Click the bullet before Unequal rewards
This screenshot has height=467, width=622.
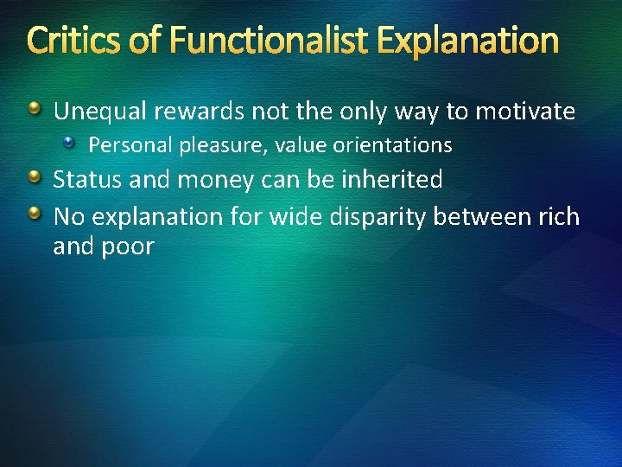point(35,110)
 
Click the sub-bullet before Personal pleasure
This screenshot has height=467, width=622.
point(75,144)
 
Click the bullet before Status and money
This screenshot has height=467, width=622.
point(35,178)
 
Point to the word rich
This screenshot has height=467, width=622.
point(558,216)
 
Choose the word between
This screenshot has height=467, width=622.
point(481,216)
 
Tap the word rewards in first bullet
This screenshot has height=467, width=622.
point(191,112)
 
